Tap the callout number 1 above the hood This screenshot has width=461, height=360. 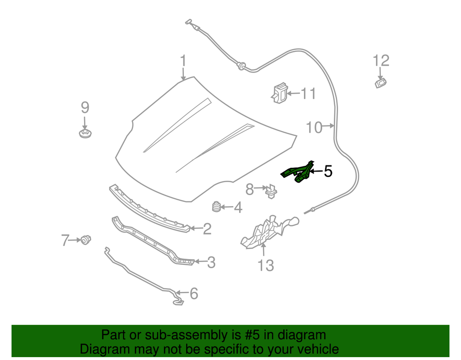(183, 61)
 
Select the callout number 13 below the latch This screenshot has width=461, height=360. (266, 265)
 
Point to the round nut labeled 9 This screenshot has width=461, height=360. (85, 133)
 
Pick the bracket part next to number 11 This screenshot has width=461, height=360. (279, 93)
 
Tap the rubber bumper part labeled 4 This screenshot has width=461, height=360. (216, 207)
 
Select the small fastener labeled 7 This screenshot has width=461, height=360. (86, 239)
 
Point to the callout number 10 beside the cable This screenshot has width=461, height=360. (314, 127)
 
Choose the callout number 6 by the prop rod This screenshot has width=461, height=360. (194, 293)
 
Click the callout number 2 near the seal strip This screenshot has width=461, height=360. (207, 229)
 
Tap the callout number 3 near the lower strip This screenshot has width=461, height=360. (211, 262)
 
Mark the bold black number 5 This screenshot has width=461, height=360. (328, 171)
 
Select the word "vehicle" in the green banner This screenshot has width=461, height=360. (315, 349)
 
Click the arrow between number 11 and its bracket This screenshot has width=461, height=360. (293, 93)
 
